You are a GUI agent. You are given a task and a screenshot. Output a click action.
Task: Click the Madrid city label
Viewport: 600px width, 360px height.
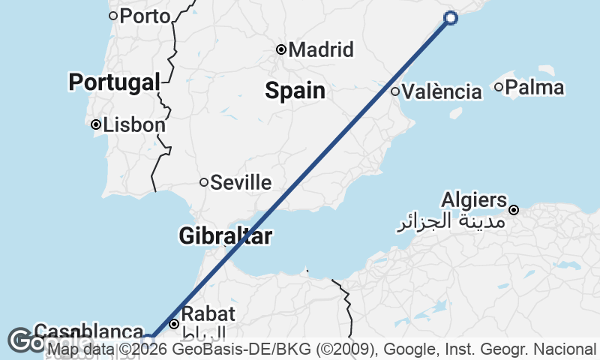point(321,50)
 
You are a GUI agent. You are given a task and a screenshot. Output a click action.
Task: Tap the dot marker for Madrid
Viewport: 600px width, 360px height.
point(281,50)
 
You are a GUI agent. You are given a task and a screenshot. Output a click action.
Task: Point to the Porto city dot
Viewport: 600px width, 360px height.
point(113,15)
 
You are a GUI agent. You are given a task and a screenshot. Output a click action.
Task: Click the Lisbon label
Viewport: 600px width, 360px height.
point(134,125)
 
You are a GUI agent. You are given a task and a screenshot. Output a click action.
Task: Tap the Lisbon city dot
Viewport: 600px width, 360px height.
point(96,125)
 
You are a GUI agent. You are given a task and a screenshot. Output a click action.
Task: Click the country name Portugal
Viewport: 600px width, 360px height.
point(115,82)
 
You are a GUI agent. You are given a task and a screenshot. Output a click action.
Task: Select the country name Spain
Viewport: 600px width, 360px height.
point(295,91)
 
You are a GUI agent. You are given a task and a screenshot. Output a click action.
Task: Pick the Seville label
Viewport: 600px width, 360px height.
point(241,182)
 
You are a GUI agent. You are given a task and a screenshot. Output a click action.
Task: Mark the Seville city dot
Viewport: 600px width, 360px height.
point(203,182)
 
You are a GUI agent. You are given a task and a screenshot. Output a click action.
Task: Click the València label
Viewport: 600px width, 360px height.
point(442,92)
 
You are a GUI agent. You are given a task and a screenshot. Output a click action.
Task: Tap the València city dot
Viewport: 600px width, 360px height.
point(395,91)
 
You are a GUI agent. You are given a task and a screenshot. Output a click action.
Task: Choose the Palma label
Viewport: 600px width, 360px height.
point(535,88)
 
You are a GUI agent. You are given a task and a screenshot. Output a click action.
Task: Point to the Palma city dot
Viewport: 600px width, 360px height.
point(499,88)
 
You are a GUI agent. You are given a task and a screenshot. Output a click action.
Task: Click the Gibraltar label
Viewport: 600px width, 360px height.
point(225,236)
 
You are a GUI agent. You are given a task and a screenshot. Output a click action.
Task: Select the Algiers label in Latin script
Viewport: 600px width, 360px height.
point(474,200)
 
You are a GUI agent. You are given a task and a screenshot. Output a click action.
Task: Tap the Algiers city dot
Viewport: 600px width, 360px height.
point(514,210)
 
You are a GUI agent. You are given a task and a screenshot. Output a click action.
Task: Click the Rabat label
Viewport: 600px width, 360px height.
point(209,313)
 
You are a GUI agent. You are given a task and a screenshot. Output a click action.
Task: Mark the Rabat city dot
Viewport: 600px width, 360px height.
point(174,325)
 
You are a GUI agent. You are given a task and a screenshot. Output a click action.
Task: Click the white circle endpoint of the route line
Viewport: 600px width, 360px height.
point(451,18)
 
